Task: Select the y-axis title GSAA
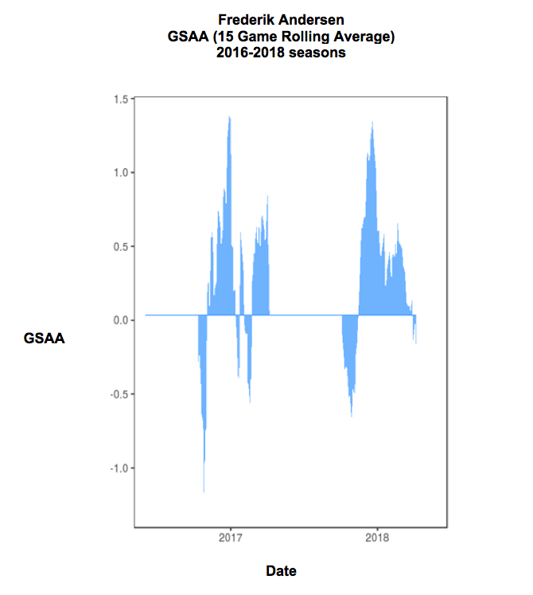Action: tap(45, 338)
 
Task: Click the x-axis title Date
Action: tap(282, 570)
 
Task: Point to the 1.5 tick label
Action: tap(121, 99)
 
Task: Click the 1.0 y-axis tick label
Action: tap(121, 173)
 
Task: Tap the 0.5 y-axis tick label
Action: tap(121, 246)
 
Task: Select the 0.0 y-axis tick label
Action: tap(121, 320)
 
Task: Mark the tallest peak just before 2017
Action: tap(229, 117)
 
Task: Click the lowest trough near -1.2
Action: tap(204, 491)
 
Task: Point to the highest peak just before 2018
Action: tap(372, 122)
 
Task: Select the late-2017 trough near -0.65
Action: tap(352, 415)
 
